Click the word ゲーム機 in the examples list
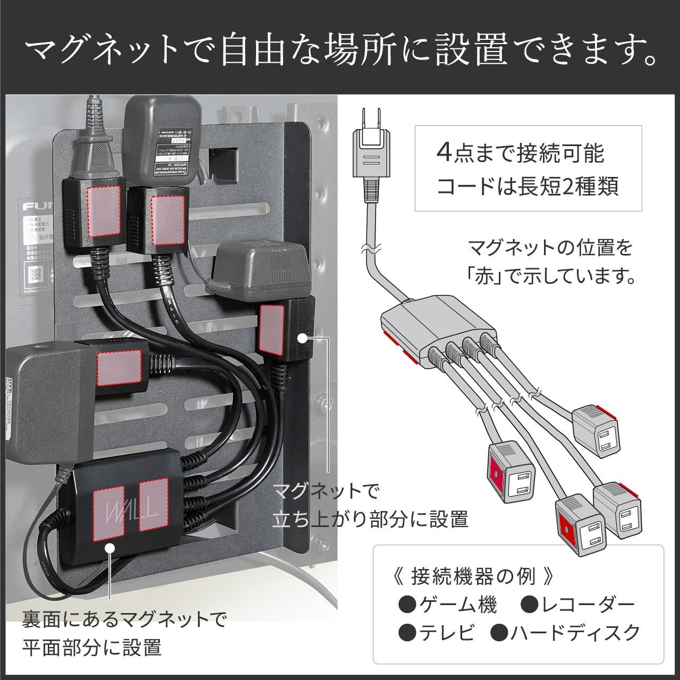[457, 605]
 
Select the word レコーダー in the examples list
[586, 605]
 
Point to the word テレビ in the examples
[446, 633]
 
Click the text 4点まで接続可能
[520, 154]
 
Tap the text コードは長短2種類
[527, 187]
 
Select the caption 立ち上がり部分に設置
[370, 519]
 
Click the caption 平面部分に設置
[92, 648]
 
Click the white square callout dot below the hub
[110, 548]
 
